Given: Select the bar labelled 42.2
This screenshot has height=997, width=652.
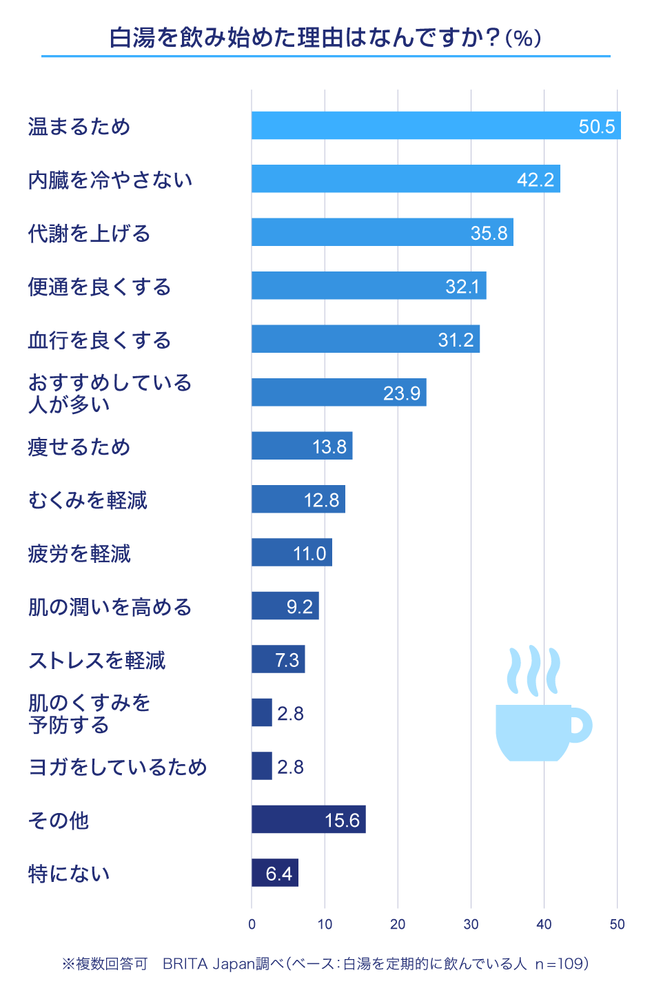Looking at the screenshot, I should coord(405,179).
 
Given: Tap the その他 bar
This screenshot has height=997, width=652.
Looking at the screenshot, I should coord(308,819).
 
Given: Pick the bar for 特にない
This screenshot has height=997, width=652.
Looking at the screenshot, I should coord(274,873).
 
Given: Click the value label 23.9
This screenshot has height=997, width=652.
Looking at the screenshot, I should coord(402,393).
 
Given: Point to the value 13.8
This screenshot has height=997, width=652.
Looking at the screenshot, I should coord(329,446).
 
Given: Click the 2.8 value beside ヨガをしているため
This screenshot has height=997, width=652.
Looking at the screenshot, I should coord(290,767).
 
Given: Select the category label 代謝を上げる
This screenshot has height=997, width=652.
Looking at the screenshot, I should coord(89,234).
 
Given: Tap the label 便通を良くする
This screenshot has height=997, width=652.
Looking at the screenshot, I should coord(99,287).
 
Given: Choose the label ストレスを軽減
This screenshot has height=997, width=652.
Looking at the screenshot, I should coord(96,661).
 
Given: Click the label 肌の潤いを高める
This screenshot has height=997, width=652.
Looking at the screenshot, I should coord(110,607).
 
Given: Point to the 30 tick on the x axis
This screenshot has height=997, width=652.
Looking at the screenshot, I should coord(471,925).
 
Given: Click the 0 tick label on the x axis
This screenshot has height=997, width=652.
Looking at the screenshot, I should coord(252,925).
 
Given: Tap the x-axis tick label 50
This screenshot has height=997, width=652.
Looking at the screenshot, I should coord(617,925).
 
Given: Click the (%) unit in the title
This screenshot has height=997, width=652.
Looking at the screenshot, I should coord(523,38).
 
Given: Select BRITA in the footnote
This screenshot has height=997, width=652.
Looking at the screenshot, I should coord(185,964).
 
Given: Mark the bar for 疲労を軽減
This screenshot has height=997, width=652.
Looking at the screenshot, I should coord(292,553).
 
